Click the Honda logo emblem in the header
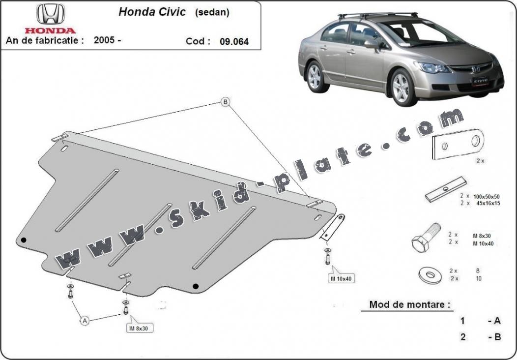click(51, 14)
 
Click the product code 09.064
click(234, 42)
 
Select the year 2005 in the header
click(104, 40)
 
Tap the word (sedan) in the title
click(212, 12)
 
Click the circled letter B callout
click(225, 102)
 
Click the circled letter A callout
click(85, 320)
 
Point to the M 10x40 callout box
click(341, 278)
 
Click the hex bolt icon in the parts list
click(426, 238)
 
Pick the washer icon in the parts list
click(431, 275)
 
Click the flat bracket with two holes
click(458, 144)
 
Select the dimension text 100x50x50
click(487, 196)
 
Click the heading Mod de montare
click(409, 304)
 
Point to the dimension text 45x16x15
click(488, 203)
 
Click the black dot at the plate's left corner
click(24, 240)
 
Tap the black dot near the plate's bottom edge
click(196, 286)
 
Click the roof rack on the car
click(378, 15)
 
